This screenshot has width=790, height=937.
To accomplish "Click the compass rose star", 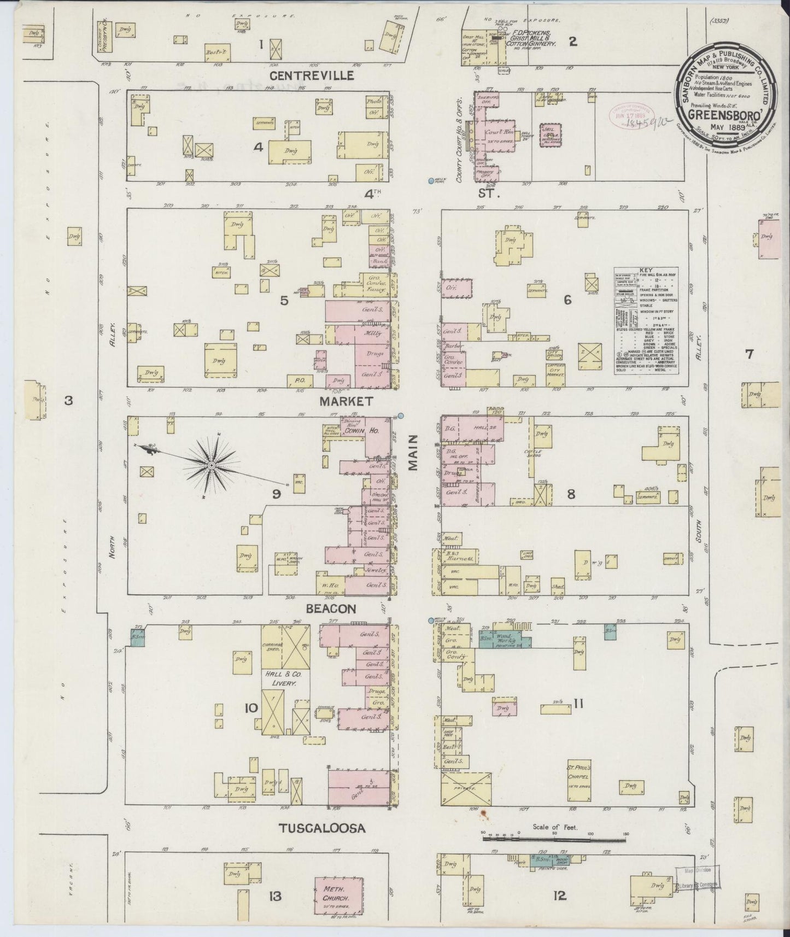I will coord(210,465).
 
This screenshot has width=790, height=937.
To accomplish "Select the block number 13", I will coord(275,896).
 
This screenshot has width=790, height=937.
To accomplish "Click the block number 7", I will coord(748,354).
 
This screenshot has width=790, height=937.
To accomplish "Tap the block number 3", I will coord(68,401).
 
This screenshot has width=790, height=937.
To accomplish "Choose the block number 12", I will coord(559,895).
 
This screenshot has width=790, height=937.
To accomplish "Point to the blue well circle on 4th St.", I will coord(431,180).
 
